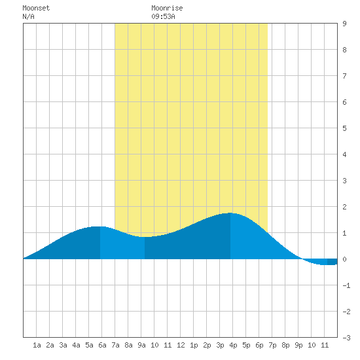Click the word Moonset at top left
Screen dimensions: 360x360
click(36, 8)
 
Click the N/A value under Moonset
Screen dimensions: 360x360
click(28, 16)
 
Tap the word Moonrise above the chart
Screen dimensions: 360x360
click(167, 8)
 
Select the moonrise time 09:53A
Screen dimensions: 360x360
click(163, 16)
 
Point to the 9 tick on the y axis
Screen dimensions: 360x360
click(344, 24)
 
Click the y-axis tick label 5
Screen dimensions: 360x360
click(344, 128)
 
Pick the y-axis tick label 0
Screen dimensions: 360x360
click(344, 259)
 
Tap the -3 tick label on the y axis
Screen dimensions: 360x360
click(346, 338)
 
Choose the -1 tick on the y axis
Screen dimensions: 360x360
click(346, 285)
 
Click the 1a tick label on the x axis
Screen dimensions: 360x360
click(37, 345)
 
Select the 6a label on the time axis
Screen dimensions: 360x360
click(102, 345)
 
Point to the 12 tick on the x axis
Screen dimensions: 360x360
click(181, 345)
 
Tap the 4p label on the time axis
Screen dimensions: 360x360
click(233, 345)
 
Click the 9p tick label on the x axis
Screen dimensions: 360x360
click(298, 345)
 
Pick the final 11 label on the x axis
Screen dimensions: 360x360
click(325, 345)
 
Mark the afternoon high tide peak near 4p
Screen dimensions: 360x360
click(230, 213)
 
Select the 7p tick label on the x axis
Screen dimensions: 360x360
click(272, 345)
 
